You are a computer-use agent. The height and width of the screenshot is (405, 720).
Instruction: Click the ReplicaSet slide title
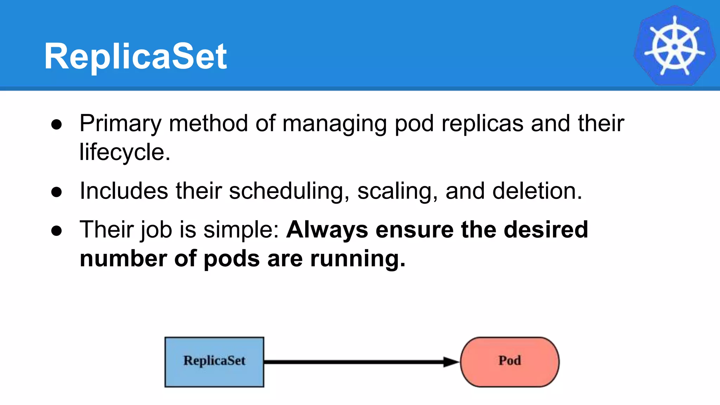click(x=135, y=56)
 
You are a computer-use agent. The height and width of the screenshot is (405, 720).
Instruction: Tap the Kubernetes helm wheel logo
click(x=674, y=46)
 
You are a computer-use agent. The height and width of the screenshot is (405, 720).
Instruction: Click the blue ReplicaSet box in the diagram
click(x=214, y=362)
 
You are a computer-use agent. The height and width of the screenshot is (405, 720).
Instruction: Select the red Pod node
click(x=509, y=362)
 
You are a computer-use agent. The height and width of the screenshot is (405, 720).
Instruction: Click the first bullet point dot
click(x=57, y=124)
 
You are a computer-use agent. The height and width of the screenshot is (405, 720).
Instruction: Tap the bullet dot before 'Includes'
click(x=57, y=192)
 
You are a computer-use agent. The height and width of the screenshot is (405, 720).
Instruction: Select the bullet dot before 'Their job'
click(x=57, y=231)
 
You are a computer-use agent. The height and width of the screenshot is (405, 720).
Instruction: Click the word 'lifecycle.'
click(x=125, y=153)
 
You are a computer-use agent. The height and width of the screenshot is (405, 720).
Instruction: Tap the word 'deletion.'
click(x=537, y=191)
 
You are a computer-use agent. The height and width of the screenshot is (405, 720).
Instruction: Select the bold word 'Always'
click(x=327, y=230)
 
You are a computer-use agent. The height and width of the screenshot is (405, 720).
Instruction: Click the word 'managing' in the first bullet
click(x=334, y=124)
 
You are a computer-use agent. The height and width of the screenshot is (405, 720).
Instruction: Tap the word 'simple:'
click(x=241, y=230)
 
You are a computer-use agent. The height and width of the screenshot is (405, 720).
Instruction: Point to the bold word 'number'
click(x=123, y=259)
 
